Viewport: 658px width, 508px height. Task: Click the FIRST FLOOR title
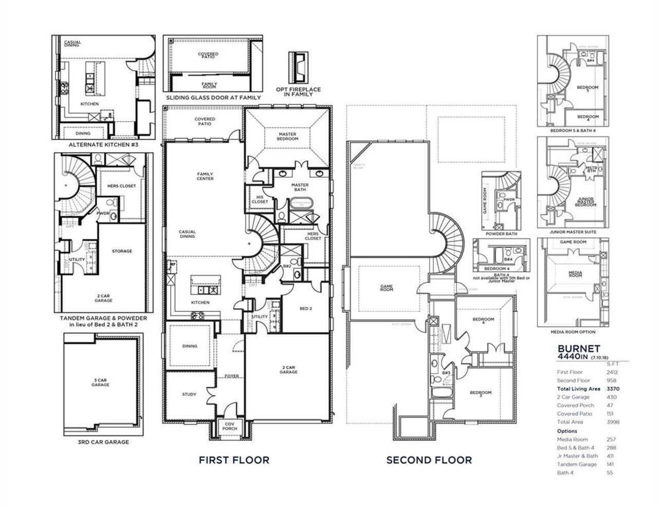point(234,460)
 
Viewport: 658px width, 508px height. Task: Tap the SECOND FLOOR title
point(429,460)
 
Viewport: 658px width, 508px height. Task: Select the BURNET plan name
point(579,348)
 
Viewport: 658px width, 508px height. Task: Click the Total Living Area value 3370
point(613,389)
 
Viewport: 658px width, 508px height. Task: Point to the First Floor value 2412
point(612,372)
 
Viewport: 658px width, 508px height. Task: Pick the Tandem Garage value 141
point(611,464)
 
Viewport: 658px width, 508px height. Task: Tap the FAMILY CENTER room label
point(205,176)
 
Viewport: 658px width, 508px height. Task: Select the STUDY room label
point(189,394)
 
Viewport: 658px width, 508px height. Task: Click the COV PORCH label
point(229,426)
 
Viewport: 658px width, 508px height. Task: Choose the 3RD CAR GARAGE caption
point(103,442)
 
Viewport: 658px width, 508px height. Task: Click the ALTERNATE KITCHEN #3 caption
point(103,145)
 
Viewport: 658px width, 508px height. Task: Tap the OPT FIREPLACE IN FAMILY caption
point(298,92)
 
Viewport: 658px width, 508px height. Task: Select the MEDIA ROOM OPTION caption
point(573,332)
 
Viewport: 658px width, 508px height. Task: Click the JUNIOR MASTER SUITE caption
point(573,232)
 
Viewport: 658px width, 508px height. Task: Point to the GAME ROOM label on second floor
point(386,288)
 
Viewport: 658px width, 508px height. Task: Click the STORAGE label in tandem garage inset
point(122,251)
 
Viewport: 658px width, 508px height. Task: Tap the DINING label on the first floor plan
point(190,346)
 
